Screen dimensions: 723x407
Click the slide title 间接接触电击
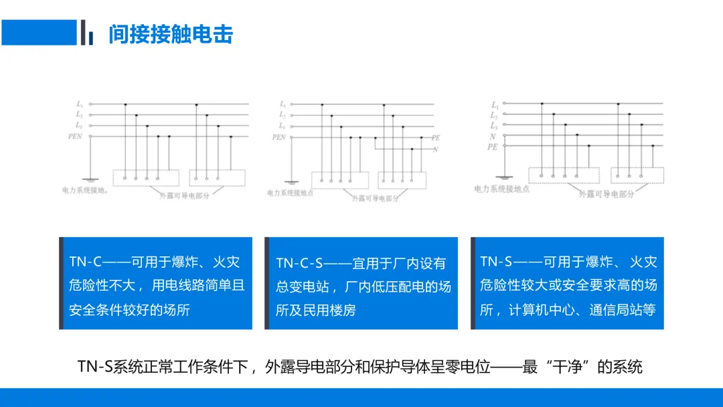pyautogui.click(x=171, y=34)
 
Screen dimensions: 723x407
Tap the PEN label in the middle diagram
pyautogui.click(x=278, y=137)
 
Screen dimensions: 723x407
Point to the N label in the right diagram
pyautogui.click(x=493, y=136)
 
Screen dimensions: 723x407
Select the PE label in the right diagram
pyautogui.click(x=492, y=146)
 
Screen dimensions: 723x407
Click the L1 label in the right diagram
pyautogui.click(x=494, y=105)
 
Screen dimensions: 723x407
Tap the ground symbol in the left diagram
pyautogui.click(x=90, y=179)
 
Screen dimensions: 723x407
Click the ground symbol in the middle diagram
pyautogui.click(x=291, y=181)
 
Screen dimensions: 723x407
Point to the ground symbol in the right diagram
pyautogui.click(x=503, y=178)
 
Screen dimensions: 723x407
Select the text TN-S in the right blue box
pyautogui.click(x=496, y=262)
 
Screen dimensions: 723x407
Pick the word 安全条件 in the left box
pyautogui.click(x=96, y=311)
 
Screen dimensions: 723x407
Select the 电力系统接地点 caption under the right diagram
pyautogui.click(x=501, y=189)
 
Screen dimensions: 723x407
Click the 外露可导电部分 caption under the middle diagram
pyautogui.click(x=375, y=198)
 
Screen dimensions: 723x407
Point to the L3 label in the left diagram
pyautogui.click(x=79, y=125)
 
